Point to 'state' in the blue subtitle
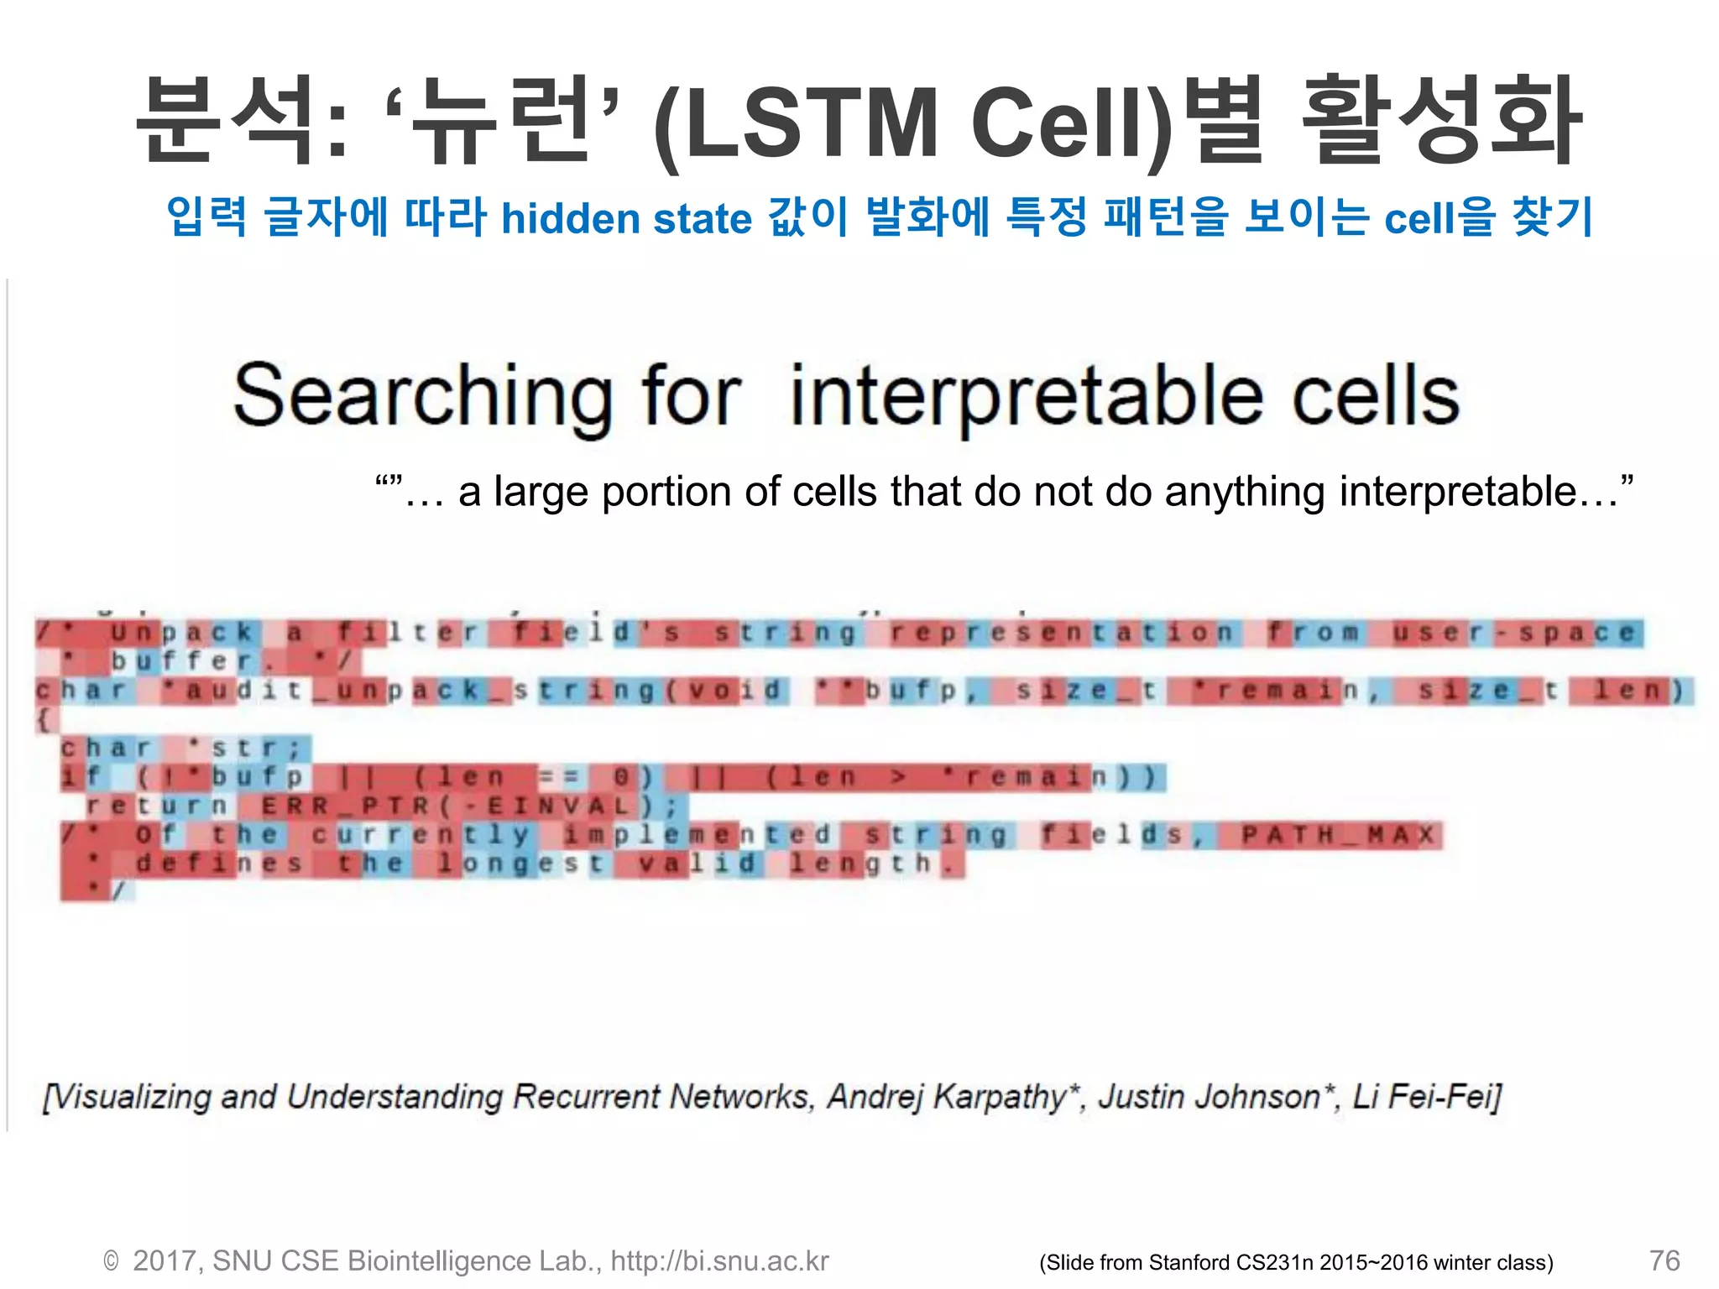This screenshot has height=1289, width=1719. (x=702, y=219)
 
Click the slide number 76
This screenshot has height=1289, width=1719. (x=1664, y=1260)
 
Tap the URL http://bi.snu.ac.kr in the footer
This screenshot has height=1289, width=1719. (x=719, y=1260)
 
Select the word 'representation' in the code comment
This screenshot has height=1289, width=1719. (x=1062, y=632)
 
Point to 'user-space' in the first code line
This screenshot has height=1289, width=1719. (x=1514, y=632)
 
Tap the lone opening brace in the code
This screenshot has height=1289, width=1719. (x=44, y=719)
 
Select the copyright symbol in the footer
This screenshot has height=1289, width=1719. (x=111, y=1261)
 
